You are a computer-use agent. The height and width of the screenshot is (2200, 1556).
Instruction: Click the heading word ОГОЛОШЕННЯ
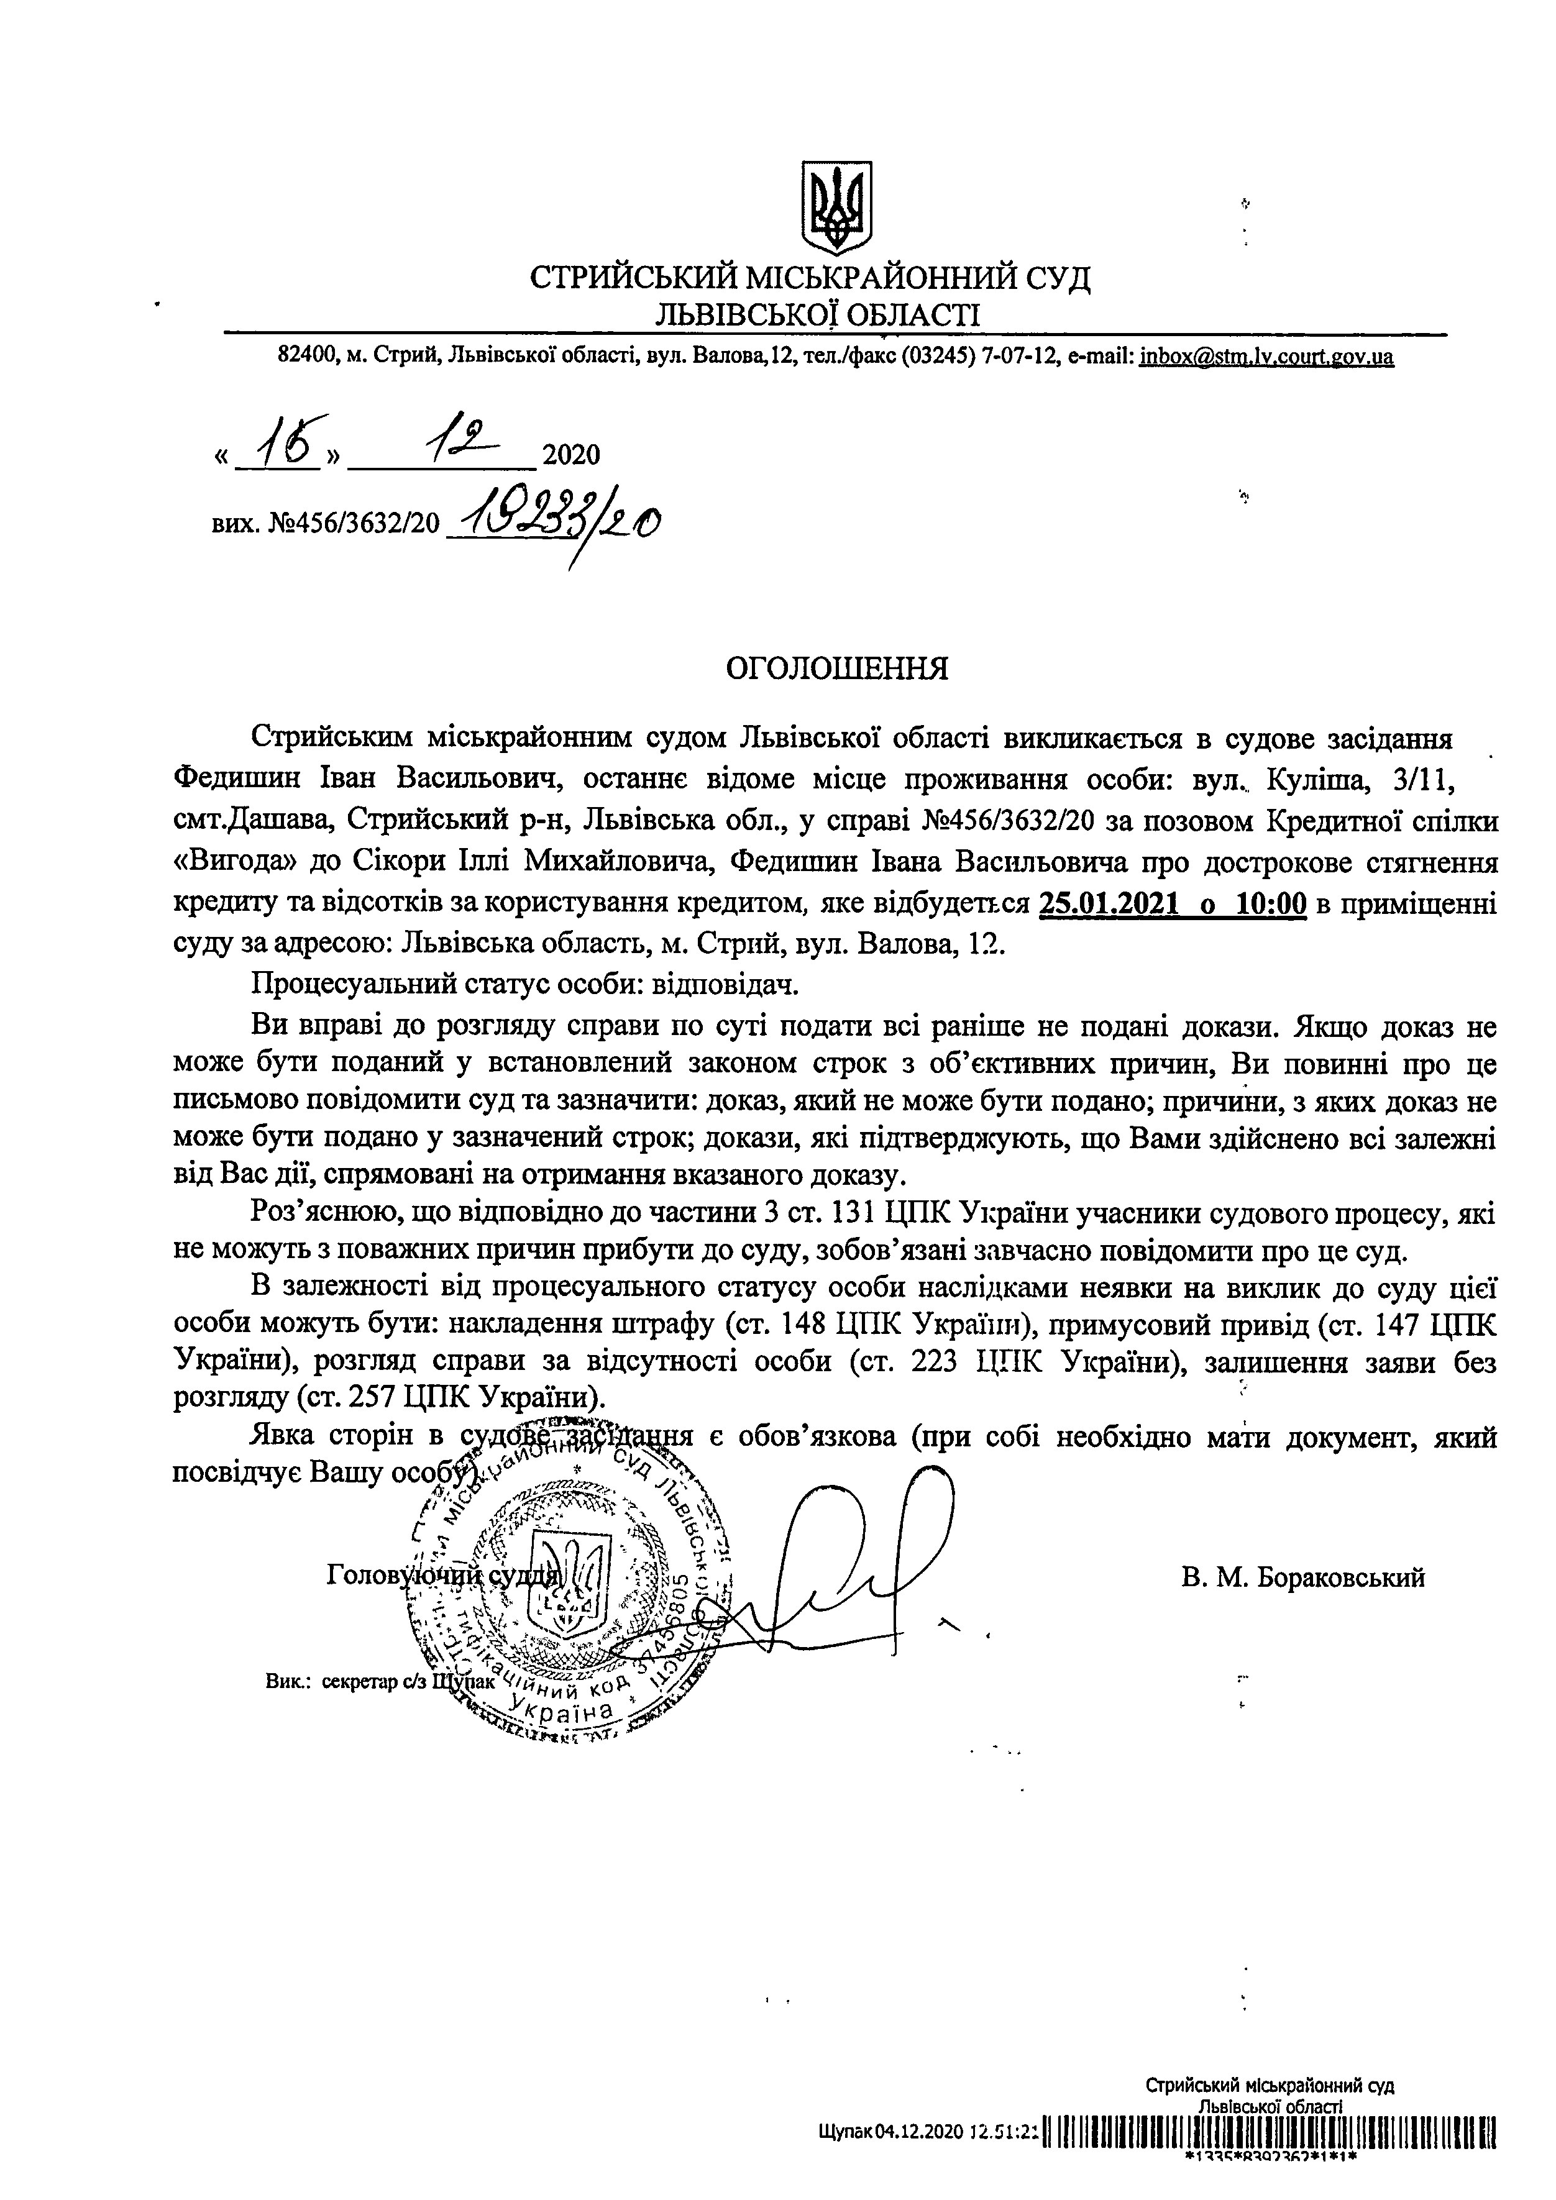point(838,668)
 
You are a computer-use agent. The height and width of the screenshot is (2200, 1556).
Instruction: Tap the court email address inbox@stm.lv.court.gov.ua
point(1266,357)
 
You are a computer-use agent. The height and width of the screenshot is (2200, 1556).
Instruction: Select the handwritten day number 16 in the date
point(278,443)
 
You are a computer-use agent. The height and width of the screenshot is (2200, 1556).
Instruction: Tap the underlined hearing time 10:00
point(1271,903)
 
